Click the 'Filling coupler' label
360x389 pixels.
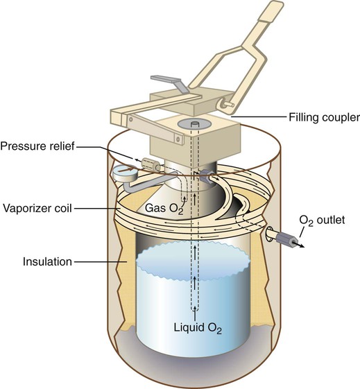click(324, 117)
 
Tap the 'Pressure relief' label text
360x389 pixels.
click(37, 146)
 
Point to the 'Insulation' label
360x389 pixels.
click(47, 261)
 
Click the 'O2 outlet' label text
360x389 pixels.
click(322, 221)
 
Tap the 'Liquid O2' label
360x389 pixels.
click(198, 328)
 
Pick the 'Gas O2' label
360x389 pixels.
click(164, 208)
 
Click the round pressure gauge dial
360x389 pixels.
click(124, 173)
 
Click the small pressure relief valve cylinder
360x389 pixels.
click(151, 164)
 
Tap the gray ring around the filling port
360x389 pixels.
click(194, 124)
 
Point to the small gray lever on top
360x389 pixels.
click(168, 83)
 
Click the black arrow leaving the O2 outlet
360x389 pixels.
click(299, 244)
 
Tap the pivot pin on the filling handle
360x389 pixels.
click(228, 104)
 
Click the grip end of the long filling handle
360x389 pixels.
click(271, 11)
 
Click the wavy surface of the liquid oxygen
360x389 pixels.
click(193, 261)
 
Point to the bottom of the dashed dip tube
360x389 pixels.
click(195, 309)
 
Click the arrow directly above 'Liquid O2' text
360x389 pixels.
click(195, 313)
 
